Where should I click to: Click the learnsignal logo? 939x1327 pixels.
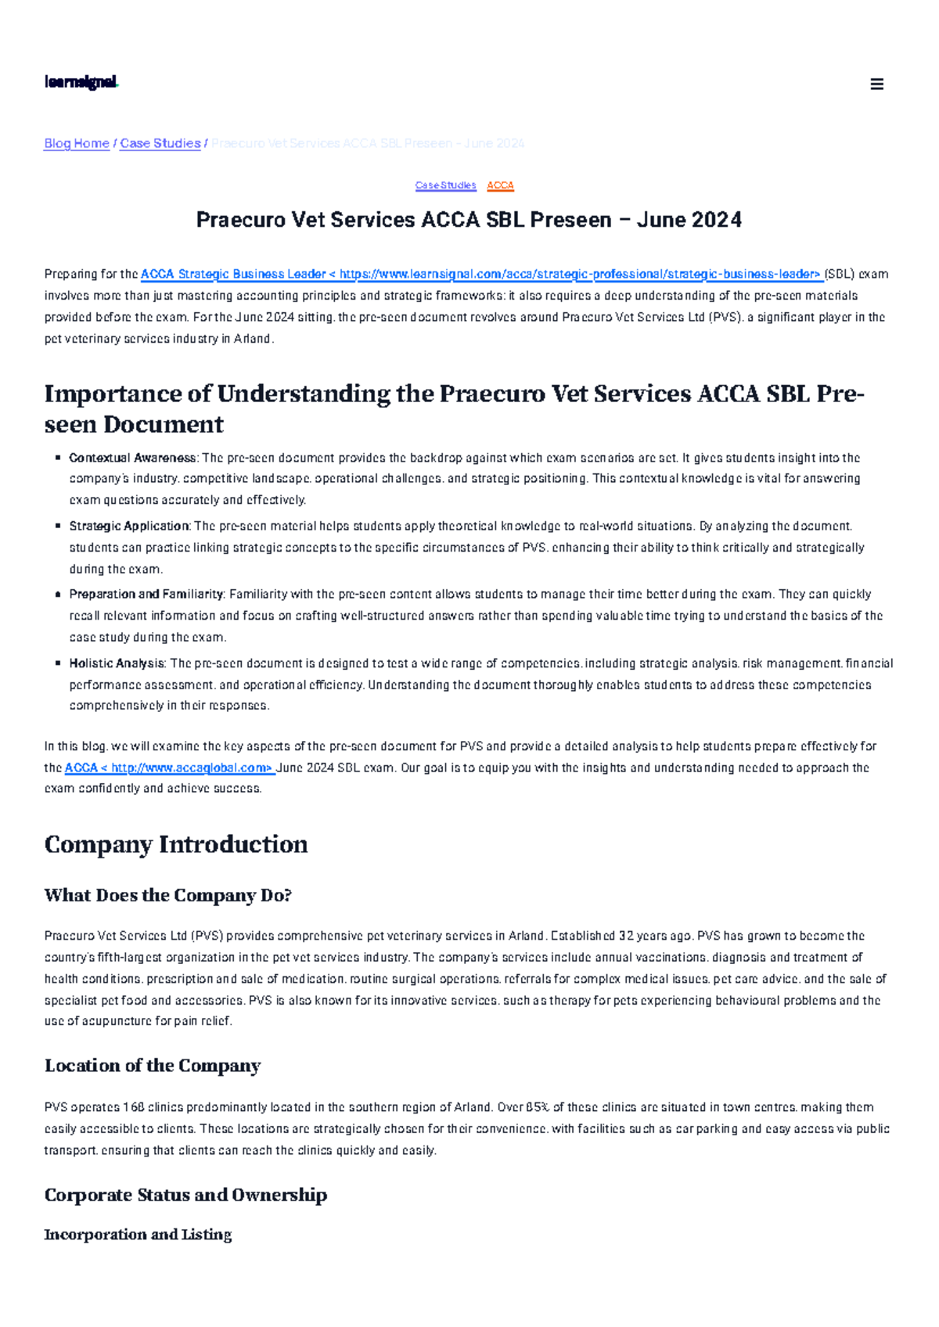pyautogui.click(x=81, y=82)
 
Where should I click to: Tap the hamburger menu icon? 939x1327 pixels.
pyautogui.click(x=876, y=85)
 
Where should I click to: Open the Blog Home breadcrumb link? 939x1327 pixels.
pyautogui.click(x=77, y=143)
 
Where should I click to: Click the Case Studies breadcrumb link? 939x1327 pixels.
pyautogui.click(x=160, y=143)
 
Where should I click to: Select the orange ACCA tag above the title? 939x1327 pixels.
pyautogui.click(x=500, y=185)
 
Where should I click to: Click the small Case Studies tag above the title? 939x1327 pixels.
pyautogui.click(x=445, y=185)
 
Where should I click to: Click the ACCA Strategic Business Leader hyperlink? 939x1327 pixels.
pyautogui.click(x=480, y=274)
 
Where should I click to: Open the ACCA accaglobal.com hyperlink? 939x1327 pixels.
pyautogui.click(x=169, y=768)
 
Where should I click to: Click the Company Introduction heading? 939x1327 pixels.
pyautogui.click(x=176, y=844)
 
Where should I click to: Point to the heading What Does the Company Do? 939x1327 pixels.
pyautogui.click(x=167, y=895)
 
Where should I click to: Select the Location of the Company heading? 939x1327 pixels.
pyautogui.click(x=152, y=1066)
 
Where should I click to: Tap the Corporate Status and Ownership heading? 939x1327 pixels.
pyautogui.click(x=185, y=1195)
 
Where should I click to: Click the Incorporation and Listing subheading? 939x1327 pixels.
pyautogui.click(x=138, y=1235)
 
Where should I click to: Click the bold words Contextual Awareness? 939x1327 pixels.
pyautogui.click(x=132, y=458)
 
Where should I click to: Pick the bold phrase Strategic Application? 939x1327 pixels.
pyautogui.click(x=129, y=526)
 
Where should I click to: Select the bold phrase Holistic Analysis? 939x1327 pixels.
pyautogui.click(x=117, y=663)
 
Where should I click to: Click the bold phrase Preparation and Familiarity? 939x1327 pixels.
pyautogui.click(x=146, y=595)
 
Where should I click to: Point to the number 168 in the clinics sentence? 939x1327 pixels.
pyautogui.click(x=134, y=1107)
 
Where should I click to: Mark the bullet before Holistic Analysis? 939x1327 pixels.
pyautogui.click(x=58, y=663)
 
